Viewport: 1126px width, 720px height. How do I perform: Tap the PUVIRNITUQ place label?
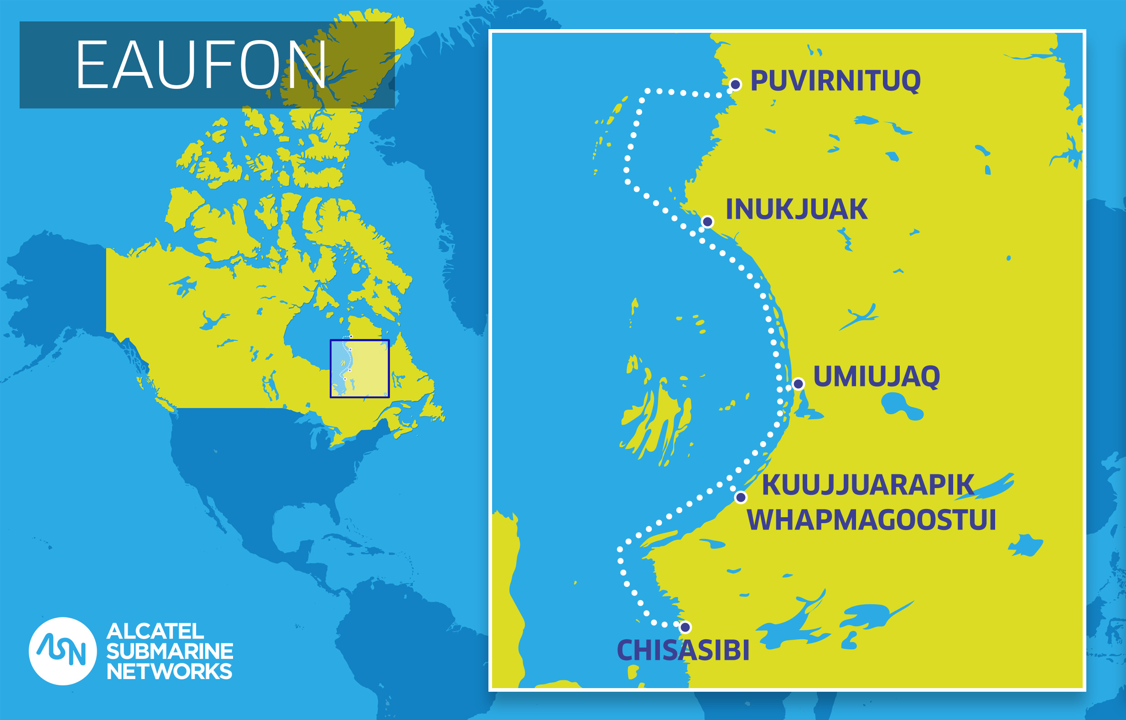pos(835,81)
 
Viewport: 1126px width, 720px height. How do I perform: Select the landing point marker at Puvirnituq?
pos(735,85)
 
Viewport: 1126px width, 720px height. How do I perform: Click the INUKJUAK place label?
pos(797,209)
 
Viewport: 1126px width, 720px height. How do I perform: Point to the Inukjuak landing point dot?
pos(708,221)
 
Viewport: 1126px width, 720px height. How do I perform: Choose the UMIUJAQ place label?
pos(877,376)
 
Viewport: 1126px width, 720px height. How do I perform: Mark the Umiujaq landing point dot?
pos(799,384)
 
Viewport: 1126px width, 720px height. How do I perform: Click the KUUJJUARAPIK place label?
pos(868,485)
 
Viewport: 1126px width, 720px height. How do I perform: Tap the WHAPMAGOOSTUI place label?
pos(872,519)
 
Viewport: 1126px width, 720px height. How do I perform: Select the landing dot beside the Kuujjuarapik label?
pos(741,497)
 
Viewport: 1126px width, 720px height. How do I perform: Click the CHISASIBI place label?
pos(683,650)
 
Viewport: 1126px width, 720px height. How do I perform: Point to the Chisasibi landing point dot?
pos(685,627)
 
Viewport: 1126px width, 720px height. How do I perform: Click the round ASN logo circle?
pos(62,651)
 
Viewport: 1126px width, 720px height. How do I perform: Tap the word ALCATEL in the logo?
pos(156,632)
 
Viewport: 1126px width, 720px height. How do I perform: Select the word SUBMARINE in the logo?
pos(169,651)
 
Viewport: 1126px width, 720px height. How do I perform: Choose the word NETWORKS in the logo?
pos(169,671)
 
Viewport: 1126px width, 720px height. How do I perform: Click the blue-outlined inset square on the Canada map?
pos(360,369)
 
